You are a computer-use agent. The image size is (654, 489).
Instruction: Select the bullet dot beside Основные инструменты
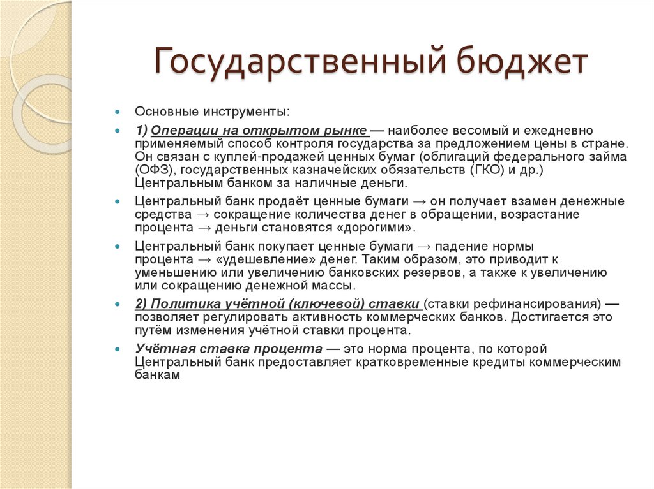118,112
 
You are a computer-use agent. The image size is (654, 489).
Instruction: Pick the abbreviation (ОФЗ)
153,170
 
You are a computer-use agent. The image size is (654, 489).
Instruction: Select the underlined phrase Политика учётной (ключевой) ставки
277,303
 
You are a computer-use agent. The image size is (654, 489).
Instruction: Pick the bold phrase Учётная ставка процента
229,349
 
